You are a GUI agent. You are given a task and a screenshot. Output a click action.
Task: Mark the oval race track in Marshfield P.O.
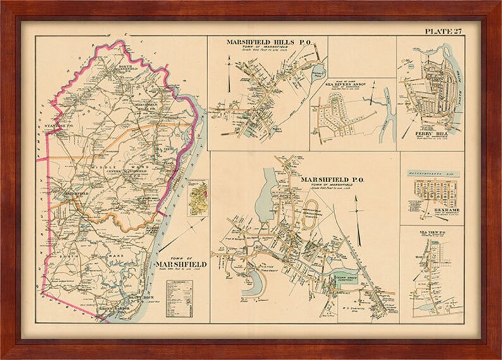click(x=310, y=223)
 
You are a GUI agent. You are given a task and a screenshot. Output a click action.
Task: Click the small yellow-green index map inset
click(x=198, y=197)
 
